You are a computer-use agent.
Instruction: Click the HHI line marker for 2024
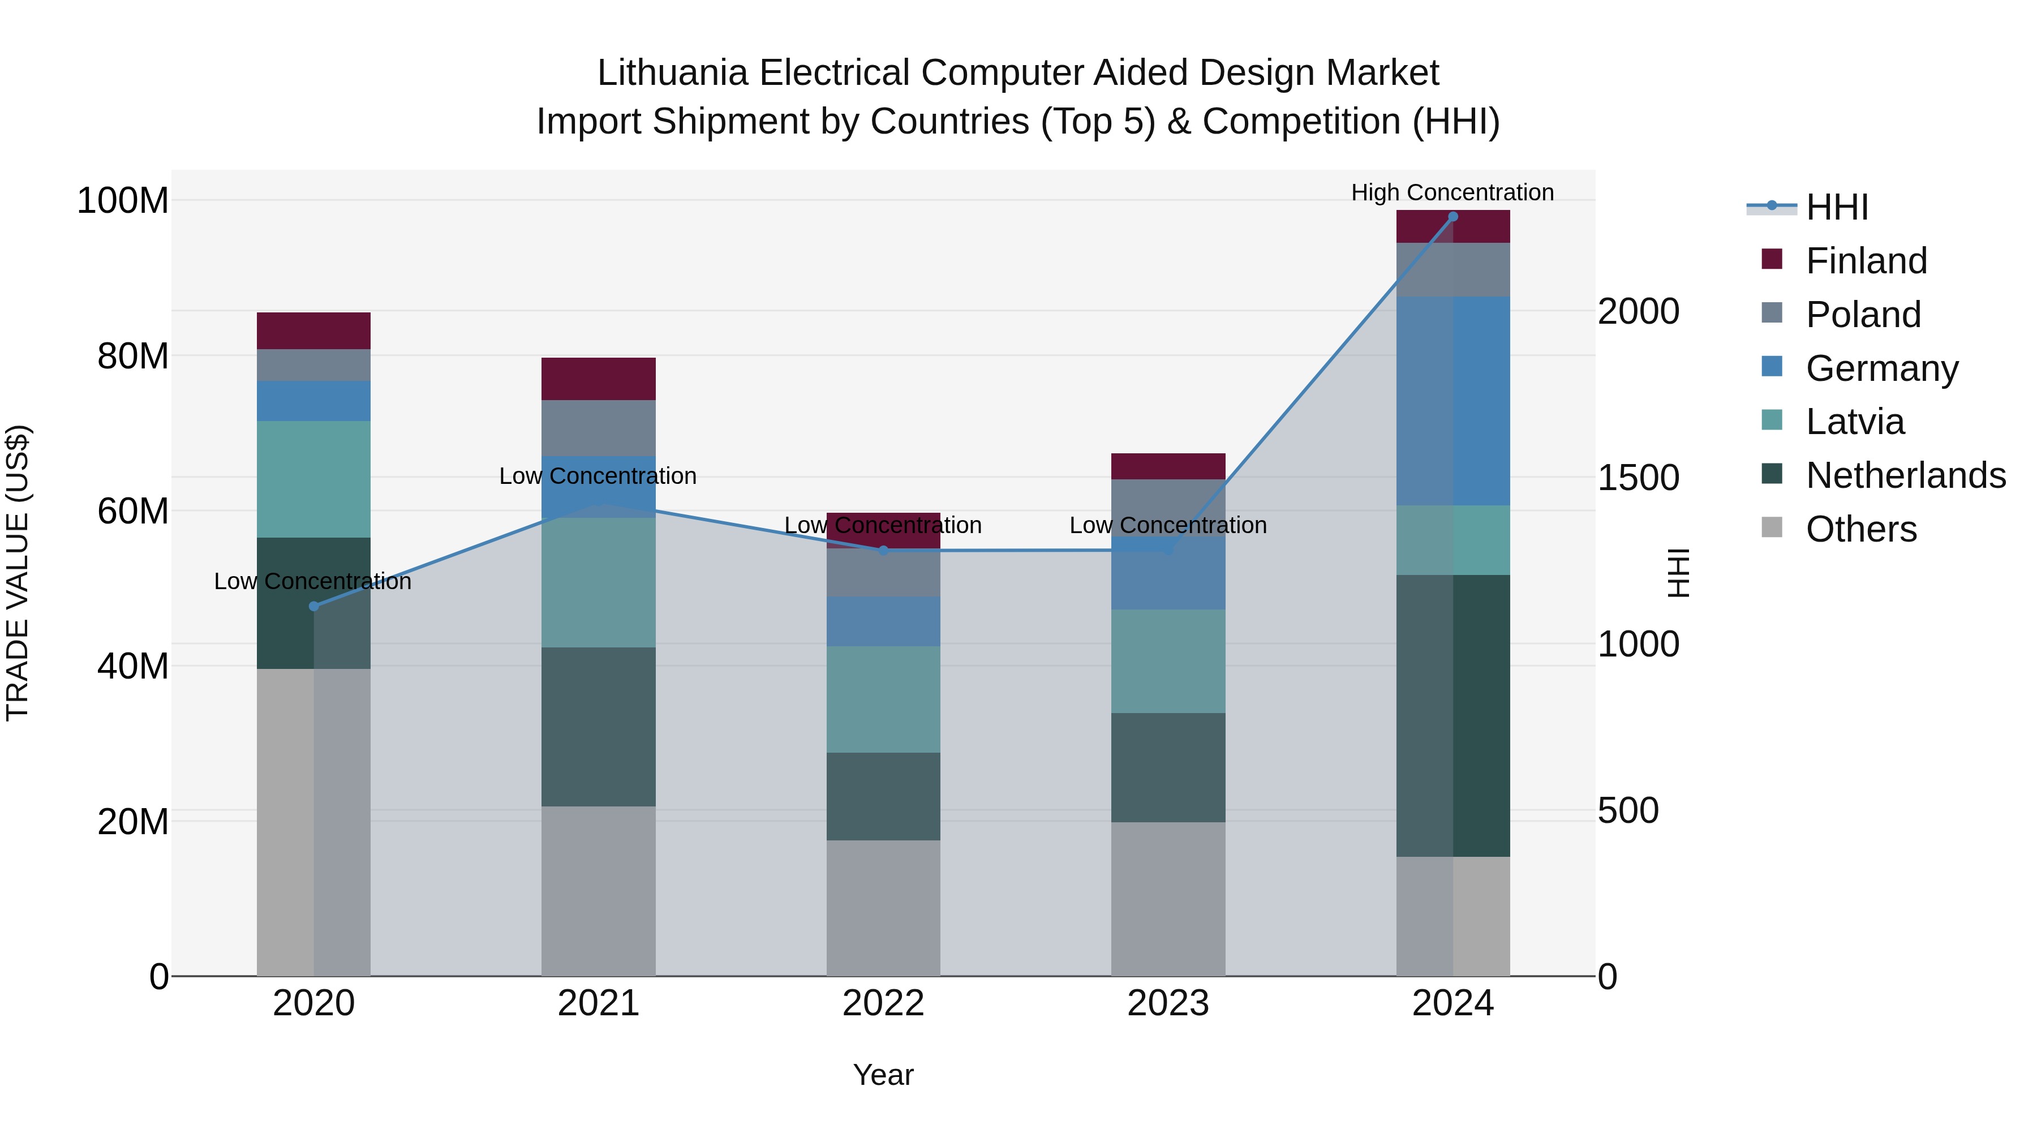1452,217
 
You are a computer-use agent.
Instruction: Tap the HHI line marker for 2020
314,607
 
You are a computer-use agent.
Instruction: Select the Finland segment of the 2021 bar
599,379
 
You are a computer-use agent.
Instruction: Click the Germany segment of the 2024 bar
1452,401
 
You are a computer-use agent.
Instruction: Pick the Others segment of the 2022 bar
883,908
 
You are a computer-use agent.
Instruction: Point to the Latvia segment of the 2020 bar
314,479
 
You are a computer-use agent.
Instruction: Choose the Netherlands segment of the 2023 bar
1168,767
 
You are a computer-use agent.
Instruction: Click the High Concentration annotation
1452,192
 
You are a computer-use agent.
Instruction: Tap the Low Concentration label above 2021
598,476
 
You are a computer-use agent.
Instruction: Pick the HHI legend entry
1836,207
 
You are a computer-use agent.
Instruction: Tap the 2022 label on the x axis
883,1003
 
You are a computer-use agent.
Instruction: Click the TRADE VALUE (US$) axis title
18,573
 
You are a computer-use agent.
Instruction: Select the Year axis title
883,1075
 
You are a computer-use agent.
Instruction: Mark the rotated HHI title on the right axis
1677,573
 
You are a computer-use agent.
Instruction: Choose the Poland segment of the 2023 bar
1168,508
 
